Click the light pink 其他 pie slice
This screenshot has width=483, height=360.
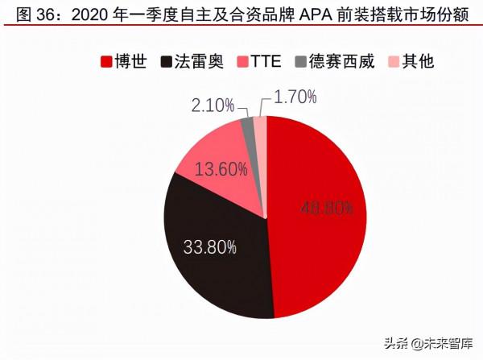pos(261,124)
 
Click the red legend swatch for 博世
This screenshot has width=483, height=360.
pos(105,61)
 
